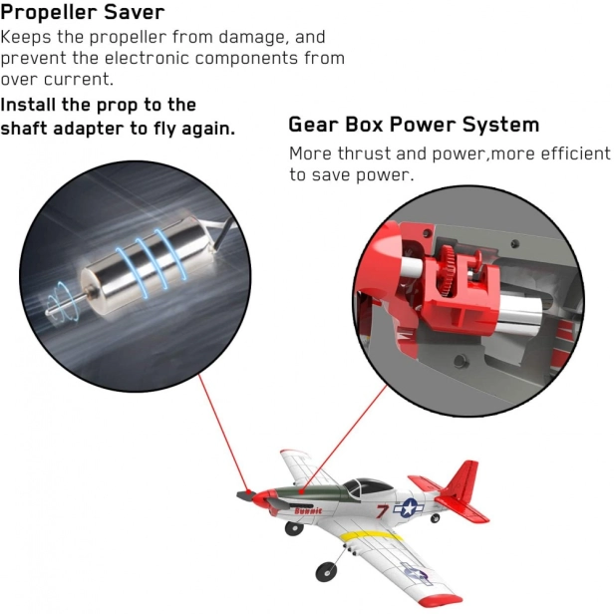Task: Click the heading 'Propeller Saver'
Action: pyautogui.click(x=82, y=13)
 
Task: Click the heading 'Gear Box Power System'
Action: pyautogui.click(x=414, y=125)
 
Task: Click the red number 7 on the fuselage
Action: pyautogui.click(x=382, y=511)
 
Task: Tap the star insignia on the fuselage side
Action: pyautogui.click(x=409, y=508)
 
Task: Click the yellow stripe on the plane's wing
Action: pyautogui.click(x=370, y=536)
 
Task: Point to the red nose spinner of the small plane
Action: pyautogui.click(x=261, y=498)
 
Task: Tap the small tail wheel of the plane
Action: pyautogui.click(x=435, y=518)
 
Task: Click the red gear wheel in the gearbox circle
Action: pyautogui.click(x=450, y=270)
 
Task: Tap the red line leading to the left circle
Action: pyautogui.click(x=223, y=432)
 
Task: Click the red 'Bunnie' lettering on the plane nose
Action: pyautogui.click(x=308, y=510)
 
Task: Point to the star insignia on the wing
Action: pyautogui.click(x=414, y=573)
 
